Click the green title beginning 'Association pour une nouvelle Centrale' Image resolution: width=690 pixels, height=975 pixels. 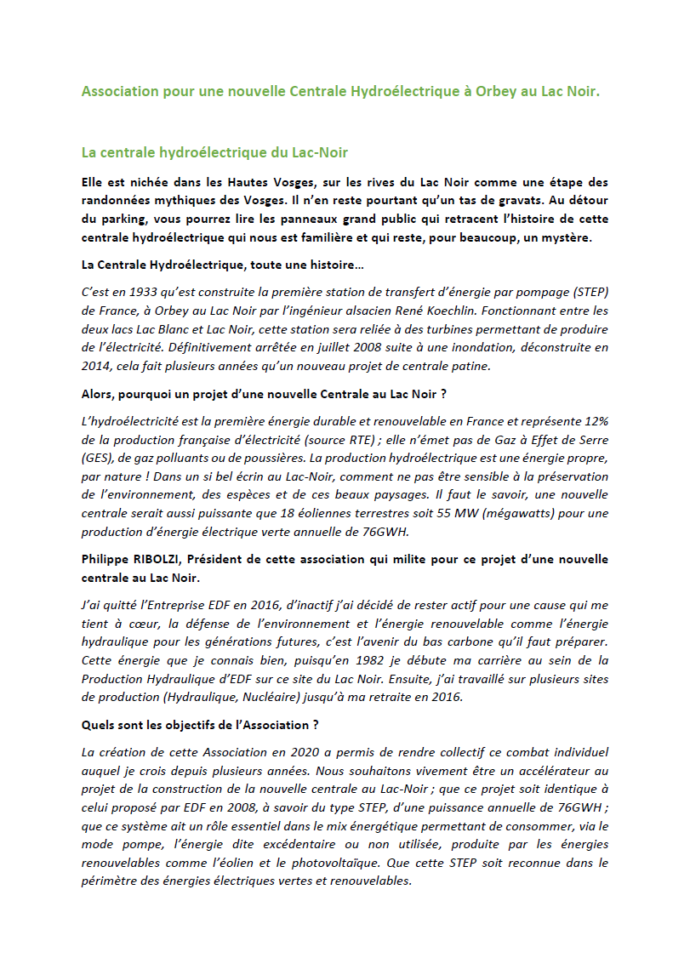tap(340, 91)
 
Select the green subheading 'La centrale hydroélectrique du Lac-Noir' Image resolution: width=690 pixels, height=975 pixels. tap(214, 153)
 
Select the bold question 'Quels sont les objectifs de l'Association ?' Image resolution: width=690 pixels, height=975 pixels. tap(200, 725)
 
